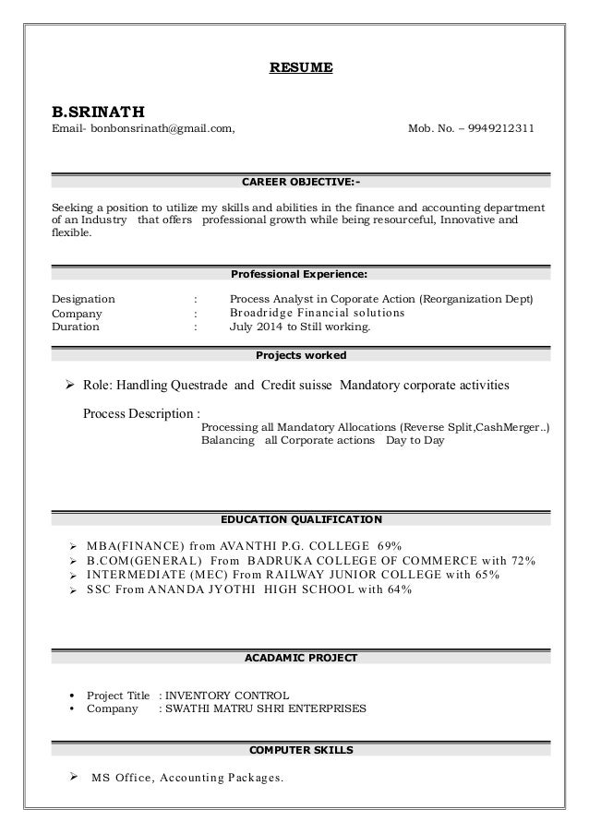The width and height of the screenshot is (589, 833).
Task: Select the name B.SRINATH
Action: tap(99, 110)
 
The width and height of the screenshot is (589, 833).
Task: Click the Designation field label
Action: tap(83, 299)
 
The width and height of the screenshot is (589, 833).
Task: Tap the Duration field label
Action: tap(76, 327)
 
